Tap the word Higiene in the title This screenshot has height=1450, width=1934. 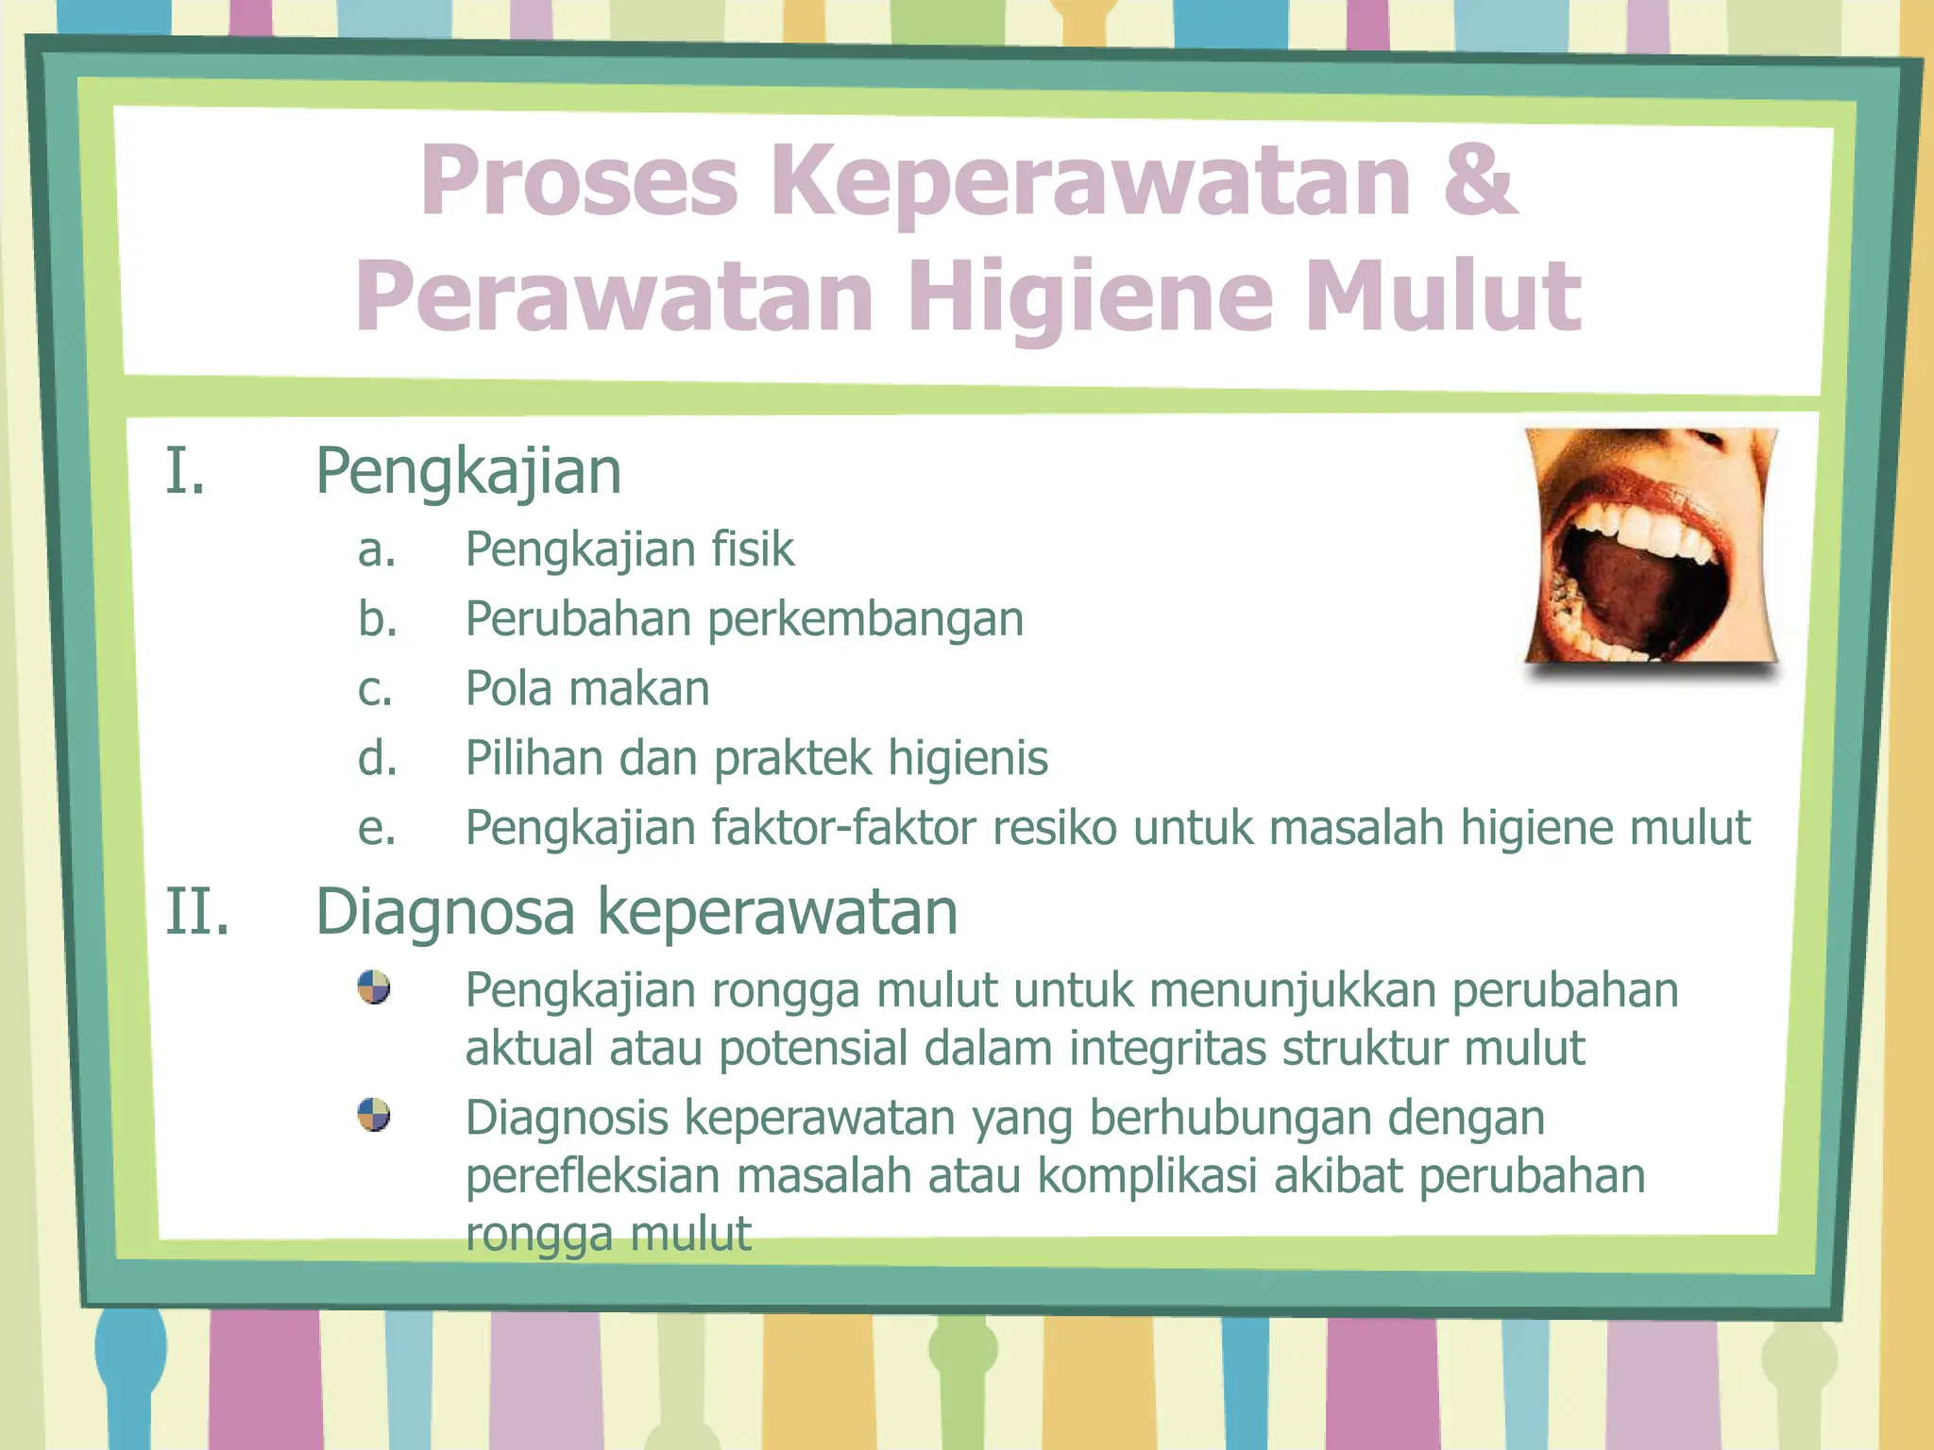tap(1091, 295)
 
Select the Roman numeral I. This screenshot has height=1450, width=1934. tap(185, 471)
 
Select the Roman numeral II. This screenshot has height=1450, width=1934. tap(197, 912)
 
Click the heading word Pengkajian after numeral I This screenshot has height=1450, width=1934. tap(468, 471)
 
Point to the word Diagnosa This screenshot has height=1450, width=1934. tap(445, 912)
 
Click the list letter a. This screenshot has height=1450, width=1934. tap(377, 550)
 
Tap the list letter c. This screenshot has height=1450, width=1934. tap(375, 689)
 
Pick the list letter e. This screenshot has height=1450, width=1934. tap(377, 829)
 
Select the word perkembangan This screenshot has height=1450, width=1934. tap(865, 620)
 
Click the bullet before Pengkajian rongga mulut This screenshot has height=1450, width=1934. tap(374, 987)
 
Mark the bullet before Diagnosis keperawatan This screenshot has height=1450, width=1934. tap(374, 1115)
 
